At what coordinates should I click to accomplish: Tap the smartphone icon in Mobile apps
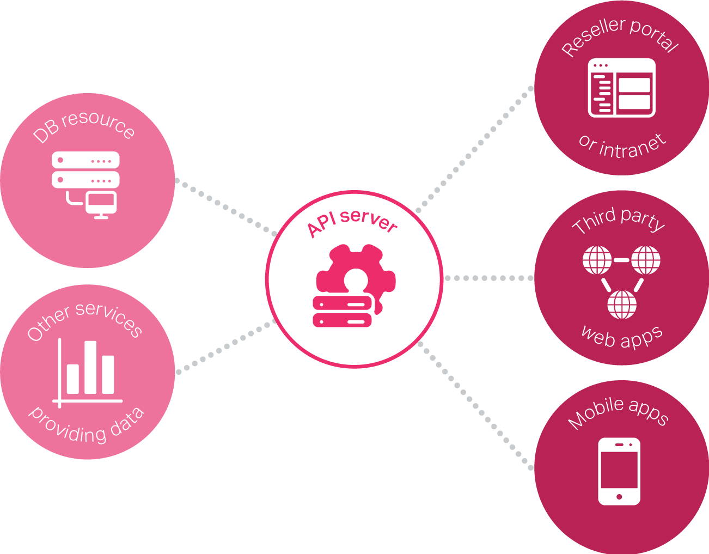tap(619, 471)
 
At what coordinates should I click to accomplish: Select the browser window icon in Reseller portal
tap(621, 88)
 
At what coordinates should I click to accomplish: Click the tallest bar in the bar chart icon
tap(90, 367)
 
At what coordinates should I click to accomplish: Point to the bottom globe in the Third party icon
tap(621, 304)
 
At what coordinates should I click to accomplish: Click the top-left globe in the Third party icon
tap(597, 260)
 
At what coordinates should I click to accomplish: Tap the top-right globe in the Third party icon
tap(646, 260)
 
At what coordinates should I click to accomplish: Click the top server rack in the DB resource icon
tap(85, 161)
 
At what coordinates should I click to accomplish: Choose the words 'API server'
tap(352, 222)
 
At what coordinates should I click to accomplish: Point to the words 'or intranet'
tap(622, 147)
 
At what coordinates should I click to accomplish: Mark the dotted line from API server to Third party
tap(488, 278)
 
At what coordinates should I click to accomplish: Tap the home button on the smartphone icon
tap(619, 497)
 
